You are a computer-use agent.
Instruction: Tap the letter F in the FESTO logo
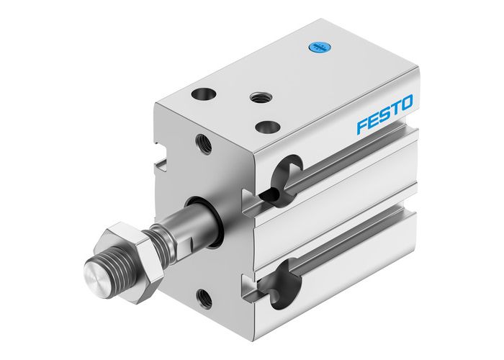coord(364,127)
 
